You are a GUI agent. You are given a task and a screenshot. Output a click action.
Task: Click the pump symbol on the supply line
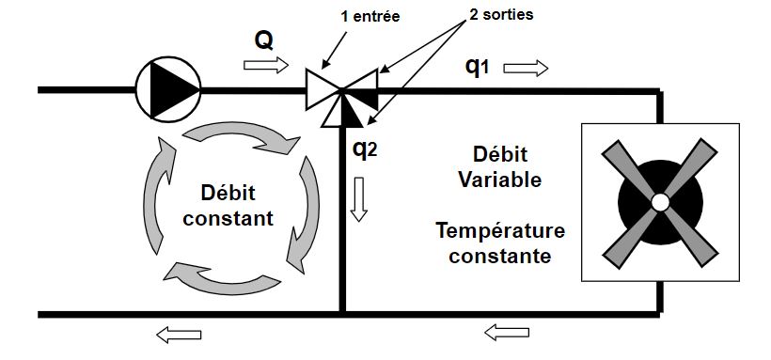[x=168, y=90]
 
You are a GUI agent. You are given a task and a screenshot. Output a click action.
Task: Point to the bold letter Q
[x=264, y=40]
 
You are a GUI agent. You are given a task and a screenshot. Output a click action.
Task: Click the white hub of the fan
[x=660, y=201]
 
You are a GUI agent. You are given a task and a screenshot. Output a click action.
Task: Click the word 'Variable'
[x=499, y=180]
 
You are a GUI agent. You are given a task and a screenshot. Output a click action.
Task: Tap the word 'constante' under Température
[x=499, y=254]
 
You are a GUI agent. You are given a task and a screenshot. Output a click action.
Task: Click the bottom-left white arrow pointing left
[x=181, y=332]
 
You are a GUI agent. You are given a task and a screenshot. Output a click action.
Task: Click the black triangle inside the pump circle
[x=177, y=90]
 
